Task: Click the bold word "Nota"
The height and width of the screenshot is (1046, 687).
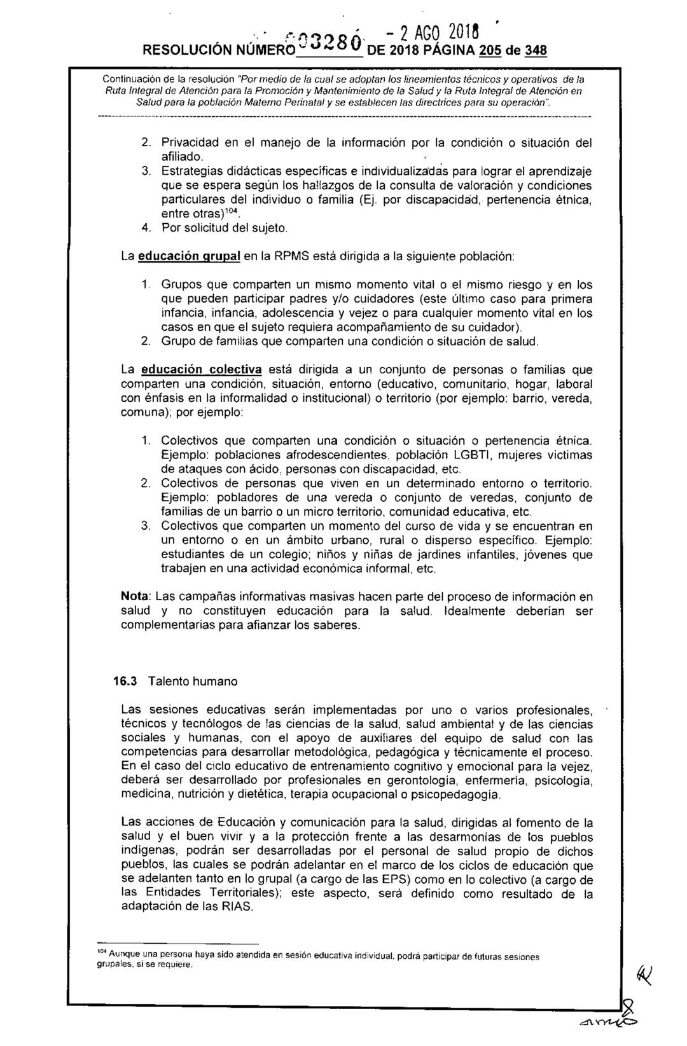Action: tap(135, 597)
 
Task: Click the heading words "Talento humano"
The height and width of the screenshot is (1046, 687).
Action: tap(193, 682)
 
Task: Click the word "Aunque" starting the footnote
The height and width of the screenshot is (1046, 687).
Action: tap(123, 955)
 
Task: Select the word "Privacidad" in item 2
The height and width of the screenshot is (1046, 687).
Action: tap(188, 142)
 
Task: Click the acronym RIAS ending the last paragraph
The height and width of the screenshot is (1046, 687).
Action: tap(235, 908)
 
